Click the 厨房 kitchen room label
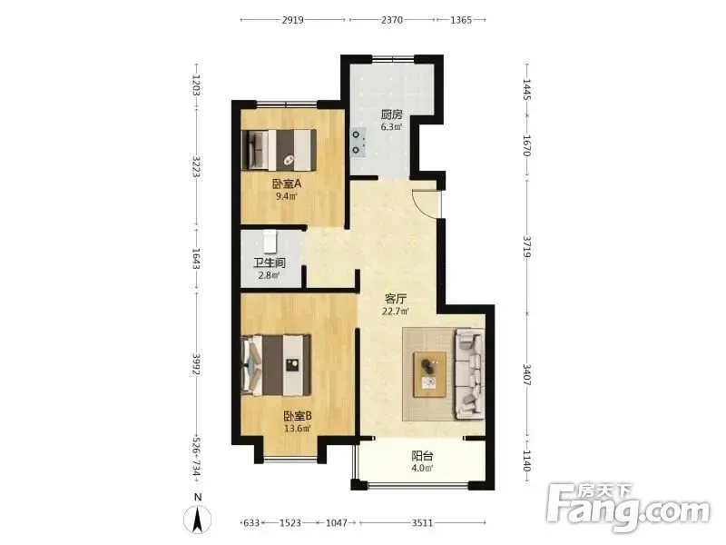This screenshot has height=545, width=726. point(391,114)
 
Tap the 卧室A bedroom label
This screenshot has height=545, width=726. point(287,183)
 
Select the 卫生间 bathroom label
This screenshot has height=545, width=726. point(270,263)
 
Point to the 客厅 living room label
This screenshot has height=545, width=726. point(396,299)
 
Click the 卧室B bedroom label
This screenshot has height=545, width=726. point(298,416)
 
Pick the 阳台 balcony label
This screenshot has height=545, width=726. point(422,456)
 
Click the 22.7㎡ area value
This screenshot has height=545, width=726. point(396,312)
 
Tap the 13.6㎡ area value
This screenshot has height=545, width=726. point(298,428)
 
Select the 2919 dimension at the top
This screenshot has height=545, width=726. point(292,20)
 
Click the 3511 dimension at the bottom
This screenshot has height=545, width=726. point(422,523)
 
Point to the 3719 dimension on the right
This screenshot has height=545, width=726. point(527,246)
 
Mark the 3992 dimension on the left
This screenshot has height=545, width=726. point(197,365)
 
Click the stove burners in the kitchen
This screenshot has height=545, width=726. point(356,143)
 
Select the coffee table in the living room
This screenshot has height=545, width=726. point(430,374)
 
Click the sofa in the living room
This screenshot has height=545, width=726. point(469,373)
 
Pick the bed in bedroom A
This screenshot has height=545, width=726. point(280,150)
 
